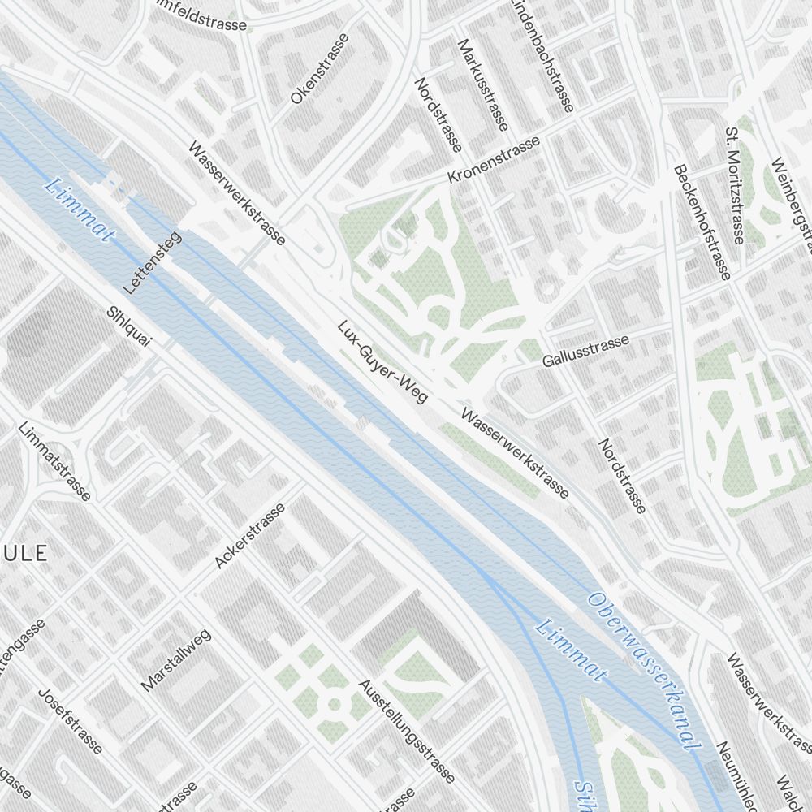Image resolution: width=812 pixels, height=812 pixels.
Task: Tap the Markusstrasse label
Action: (483, 84)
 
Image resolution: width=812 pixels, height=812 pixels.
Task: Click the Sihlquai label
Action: (129, 326)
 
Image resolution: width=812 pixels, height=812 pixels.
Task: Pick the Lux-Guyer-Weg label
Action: (382, 361)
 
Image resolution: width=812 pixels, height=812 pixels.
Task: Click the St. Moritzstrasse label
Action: (734, 185)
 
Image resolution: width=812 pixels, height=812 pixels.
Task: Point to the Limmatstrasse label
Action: (54, 461)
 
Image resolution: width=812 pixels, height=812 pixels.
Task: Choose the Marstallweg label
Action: (176, 659)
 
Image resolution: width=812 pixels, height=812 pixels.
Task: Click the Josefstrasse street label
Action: (71, 721)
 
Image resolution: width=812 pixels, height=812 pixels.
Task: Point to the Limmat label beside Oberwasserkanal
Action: (572, 650)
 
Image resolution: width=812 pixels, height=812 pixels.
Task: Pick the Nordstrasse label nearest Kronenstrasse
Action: (438, 114)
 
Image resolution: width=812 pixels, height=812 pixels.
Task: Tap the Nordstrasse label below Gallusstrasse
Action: (623, 476)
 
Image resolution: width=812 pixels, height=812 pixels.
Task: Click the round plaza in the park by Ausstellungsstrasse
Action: (333, 704)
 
